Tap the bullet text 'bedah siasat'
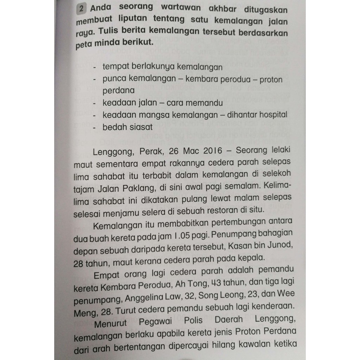tap(128, 127)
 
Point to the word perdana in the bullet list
tap(118, 90)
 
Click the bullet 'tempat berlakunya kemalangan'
tap(162, 66)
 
